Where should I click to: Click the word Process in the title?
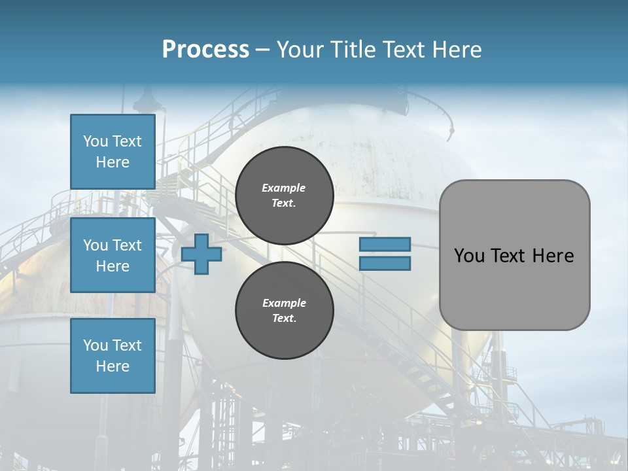click(x=205, y=50)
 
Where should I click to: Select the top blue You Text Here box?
click(x=113, y=152)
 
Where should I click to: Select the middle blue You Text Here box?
click(x=113, y=255)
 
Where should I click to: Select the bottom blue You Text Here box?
click(x=113, y=356)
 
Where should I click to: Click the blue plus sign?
click(x=201, y=254)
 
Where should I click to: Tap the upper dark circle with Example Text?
click(x=284, y=196)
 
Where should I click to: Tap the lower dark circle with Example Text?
click(x=284, y=311)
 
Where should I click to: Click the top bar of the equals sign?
click(x=385, y=244)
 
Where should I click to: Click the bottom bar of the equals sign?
click(x=385, y=263)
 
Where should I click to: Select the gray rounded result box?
click(x=514, y=255)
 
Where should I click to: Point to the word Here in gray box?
click(x=553, y=256)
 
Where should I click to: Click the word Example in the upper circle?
click(x=284, y=188)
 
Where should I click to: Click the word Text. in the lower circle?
click(x=284, y=319)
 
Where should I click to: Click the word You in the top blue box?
click(x=96, y=141)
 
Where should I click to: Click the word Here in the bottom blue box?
click(x=113, y=366)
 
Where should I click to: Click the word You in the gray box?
click(x=469, y=256)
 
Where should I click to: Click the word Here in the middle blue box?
click(x=113, y=266)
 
